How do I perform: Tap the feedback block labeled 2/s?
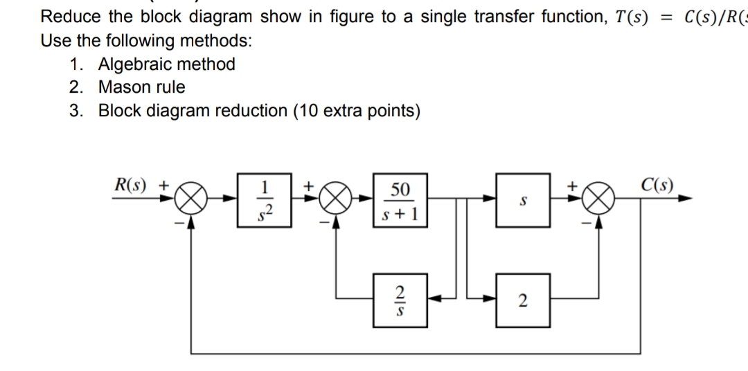[x=398, y=299]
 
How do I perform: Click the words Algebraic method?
[x=166, y=64]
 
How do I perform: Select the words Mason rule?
[x=142, y=87]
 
